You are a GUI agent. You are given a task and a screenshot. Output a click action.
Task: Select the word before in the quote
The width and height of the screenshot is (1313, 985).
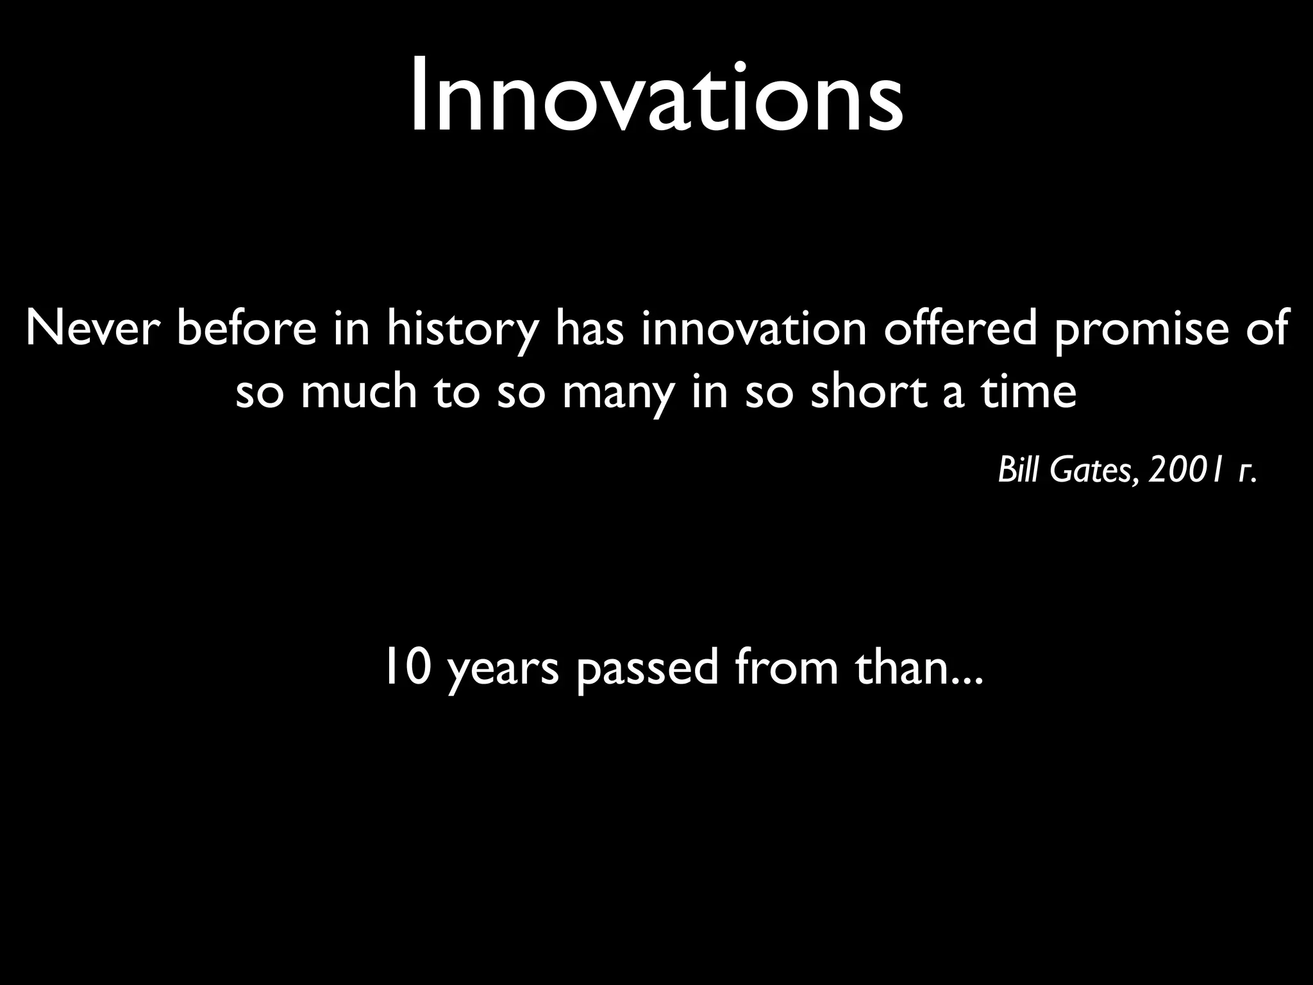point(246,328)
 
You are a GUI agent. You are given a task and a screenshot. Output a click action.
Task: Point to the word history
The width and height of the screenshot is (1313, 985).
point(462,328)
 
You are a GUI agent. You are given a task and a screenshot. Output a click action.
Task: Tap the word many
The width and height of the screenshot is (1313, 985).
point(618,392)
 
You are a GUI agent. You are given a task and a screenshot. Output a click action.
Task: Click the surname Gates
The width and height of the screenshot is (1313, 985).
point(1096,472)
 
